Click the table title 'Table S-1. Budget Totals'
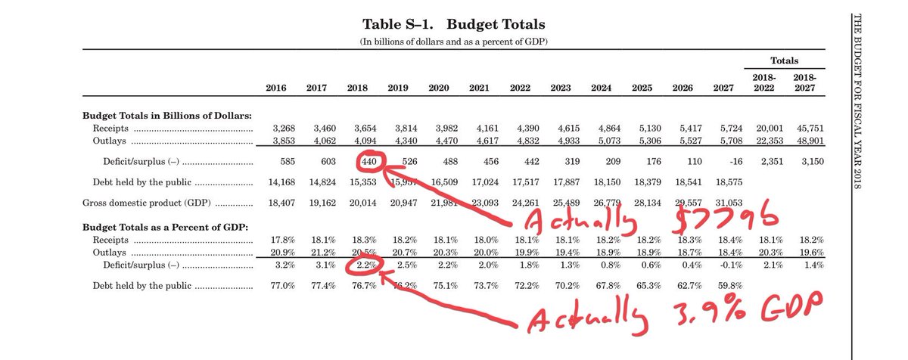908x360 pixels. pyautogui.click(x=453, y=24)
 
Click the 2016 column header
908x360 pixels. pyautogui.click(x=276, y=88)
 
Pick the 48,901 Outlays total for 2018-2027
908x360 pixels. pyautogui.click(x=807, y=140)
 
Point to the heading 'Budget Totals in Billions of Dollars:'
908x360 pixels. pyautogui.click(x=166, y=115)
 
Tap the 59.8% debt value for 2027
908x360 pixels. pyautogui.click(x=722, y=287)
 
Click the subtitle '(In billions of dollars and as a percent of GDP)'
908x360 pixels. pyautogui.click(x=453, y=41)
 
